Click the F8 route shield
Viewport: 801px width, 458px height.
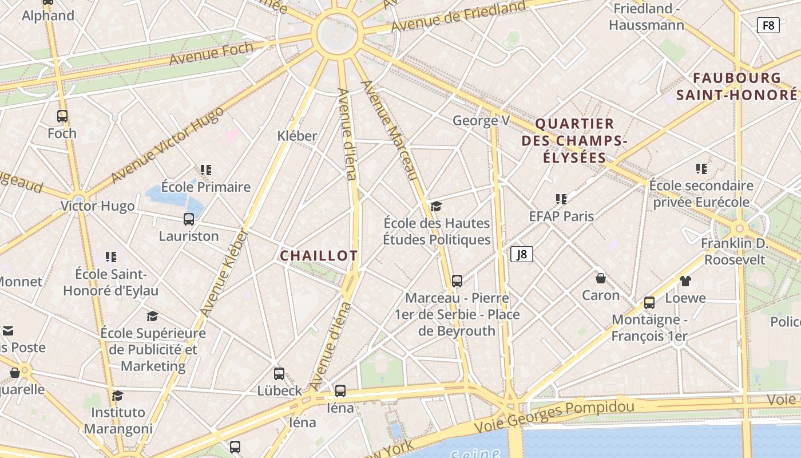768,25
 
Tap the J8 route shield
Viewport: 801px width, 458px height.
521,254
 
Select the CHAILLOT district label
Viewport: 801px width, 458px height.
319,256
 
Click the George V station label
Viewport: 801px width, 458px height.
481,121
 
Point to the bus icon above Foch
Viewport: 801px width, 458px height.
62,116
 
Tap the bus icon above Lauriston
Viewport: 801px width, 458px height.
189,219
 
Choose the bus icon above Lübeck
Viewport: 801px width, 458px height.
279,374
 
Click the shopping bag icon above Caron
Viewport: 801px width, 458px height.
601,279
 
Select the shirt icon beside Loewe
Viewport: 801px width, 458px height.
685,281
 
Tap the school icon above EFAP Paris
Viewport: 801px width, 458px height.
561,199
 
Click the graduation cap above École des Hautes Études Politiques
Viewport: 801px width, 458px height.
437,206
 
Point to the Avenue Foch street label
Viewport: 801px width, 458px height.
211,53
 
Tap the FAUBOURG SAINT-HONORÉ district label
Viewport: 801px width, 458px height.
737,86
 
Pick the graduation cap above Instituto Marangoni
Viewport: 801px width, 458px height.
118,396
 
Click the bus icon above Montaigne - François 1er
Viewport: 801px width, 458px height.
649,303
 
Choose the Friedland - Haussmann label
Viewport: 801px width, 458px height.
647,17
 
